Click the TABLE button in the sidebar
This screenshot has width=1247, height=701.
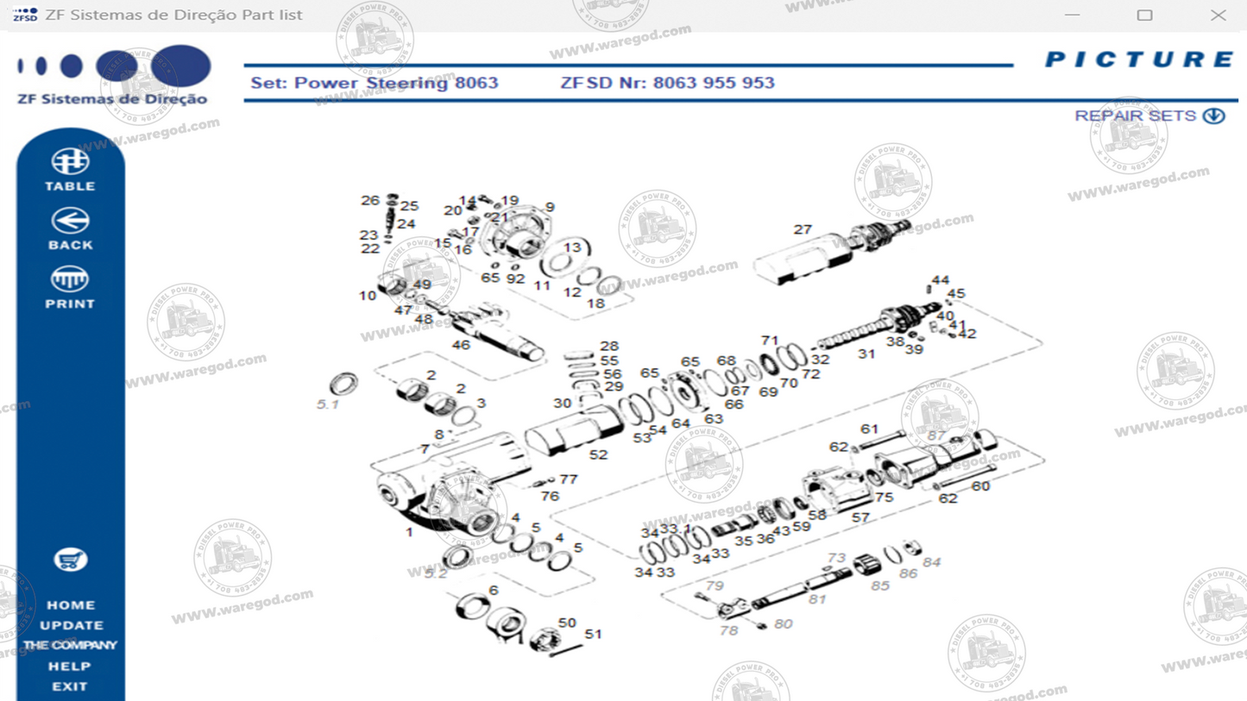(x=70, y=170)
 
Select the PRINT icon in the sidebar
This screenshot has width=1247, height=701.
(x=70, y=287)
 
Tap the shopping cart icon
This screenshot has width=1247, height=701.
(x=70, y=560)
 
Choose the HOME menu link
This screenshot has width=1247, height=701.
(x=71, y=605)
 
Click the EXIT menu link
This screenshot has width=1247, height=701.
(x=70, y=687)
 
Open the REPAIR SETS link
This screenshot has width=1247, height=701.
(x=1149, y=116)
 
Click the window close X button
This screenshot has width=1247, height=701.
(x=1218, y=16)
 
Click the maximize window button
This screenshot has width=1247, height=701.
(x=1144, y=16)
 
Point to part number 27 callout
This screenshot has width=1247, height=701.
(x=803, y=229)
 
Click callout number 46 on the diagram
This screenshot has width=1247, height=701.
(x=461, y=345)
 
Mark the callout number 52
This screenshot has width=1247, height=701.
(x=598, y=454)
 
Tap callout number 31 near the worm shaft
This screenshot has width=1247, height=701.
(x=866, y=354)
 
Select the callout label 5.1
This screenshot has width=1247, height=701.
(x=327, y=404)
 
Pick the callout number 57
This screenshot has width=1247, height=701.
(x=860, y=517)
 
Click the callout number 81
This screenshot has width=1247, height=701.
(x=816, y=599)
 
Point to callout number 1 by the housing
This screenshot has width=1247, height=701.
(x=409, y=533)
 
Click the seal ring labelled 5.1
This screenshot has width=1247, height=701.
(x=344, y=383)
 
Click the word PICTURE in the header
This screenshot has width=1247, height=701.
(x=1139, y=59)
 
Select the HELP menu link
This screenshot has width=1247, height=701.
(x=70, y=667)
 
